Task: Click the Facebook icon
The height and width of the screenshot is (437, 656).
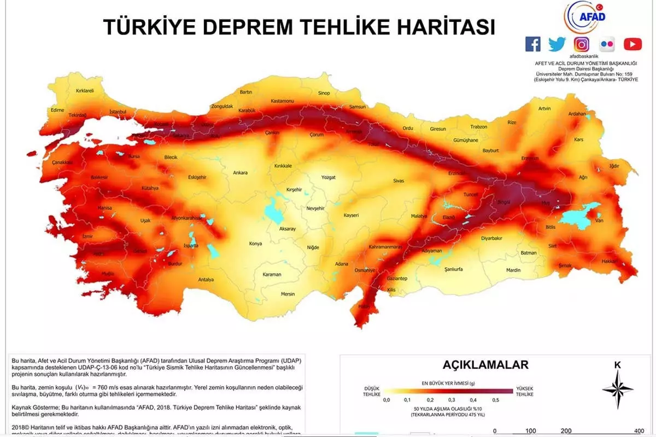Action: click(x=532, y=44)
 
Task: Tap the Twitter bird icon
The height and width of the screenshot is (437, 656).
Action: click(x=557, y=44)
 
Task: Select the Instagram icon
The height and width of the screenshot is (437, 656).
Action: click(x=582, y=44)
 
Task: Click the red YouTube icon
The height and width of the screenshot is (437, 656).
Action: click(x=632, y=44)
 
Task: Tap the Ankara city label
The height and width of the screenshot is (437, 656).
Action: click(x=240, y=173)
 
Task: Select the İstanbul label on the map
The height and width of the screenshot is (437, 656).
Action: click(x=118, y=111)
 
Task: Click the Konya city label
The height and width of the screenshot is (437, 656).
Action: click(x=255, y=244)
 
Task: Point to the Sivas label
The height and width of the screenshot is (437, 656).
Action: click(x=398, y=180)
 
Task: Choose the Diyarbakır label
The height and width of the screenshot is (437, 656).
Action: click(x=491, y=238)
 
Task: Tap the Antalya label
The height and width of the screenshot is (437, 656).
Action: click(x=206, y=280)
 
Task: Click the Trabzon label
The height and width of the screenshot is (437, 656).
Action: click(x=478, y=127)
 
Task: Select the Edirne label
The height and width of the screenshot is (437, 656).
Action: click(x=57, y=110)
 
